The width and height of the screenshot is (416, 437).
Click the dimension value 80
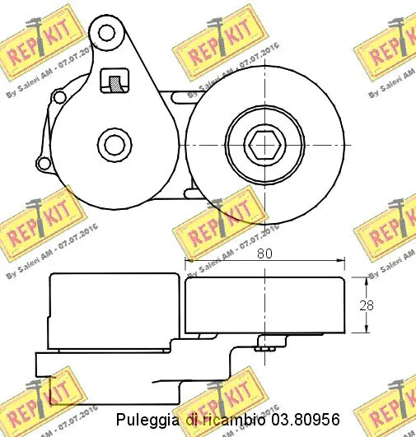[x=264, y=254]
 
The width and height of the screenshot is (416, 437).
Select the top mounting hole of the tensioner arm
[x=106, y=34]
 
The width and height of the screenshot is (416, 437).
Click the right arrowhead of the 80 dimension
[x=339, y=263]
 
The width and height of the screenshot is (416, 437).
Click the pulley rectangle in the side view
[x=264, y=305]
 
